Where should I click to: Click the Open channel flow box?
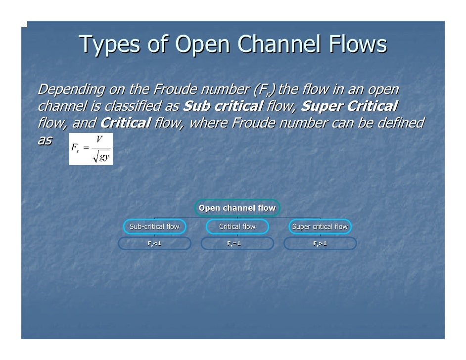pyautogui.click(x=237, y=208)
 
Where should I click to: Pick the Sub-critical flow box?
pyautogui.click(x=154, y=226)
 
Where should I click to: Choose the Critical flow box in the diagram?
pyautogui.click(x=237, y=226)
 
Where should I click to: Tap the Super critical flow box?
pyautogui.click(x=320, y=226)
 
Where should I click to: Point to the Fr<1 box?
pyautogui.click(x=154, y=244)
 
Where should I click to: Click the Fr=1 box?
pyautogui.click(x=237, y=244)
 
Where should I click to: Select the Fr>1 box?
pyautogui.click(x=320, y=244)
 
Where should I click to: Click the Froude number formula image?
pyautogui.click(x=91, y=149)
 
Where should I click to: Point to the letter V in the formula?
pyautogui.click(x=99, y=140)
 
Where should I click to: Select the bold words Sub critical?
pyautogui.click(x=223, y=106)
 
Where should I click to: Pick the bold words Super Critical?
pyautogui.click(x=349, y=106)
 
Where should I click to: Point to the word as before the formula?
pyautogui.click(x=45, y=140)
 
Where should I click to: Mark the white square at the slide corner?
pyautogui.click(x=24, y=24)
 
